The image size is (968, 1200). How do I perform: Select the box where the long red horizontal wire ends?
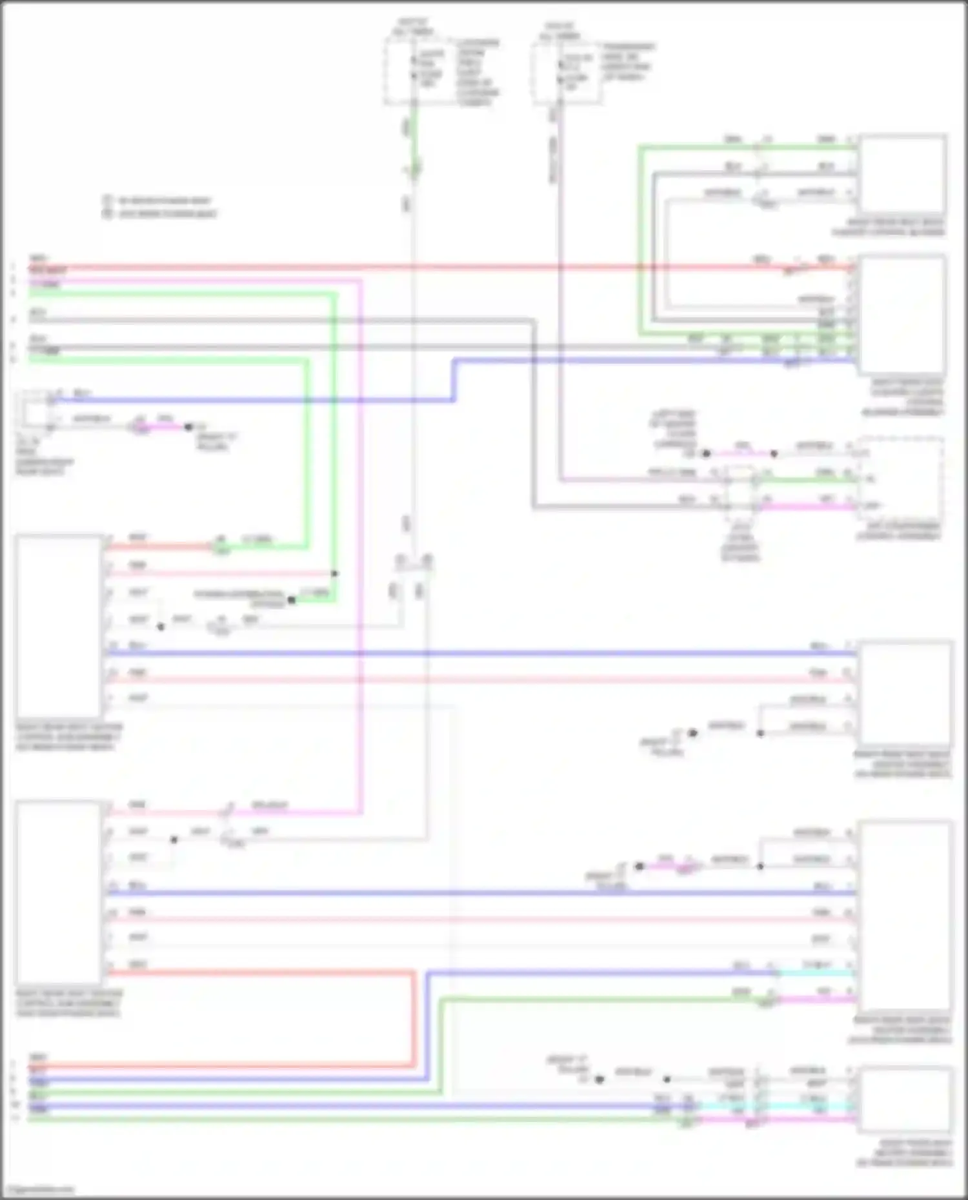pyautogui.click(x=902, y=315)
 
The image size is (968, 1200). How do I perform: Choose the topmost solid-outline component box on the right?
pyautogui.click(x=902, y=175)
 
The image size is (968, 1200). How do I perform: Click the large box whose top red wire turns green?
pyautogui.click(x=59, y=625)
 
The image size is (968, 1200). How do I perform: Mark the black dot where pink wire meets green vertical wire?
pyautogui.click(x=334, y=573)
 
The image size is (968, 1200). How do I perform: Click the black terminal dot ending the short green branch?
pyautogui.click(x=292, y=600)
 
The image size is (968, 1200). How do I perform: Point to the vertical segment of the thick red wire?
pyautogui.click(x=413, y=1019)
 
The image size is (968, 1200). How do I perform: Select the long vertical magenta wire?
pyautogui.click(x=360, y=548)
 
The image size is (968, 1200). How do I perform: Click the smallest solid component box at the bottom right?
pyautogui.click(x=904, y=1100)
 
